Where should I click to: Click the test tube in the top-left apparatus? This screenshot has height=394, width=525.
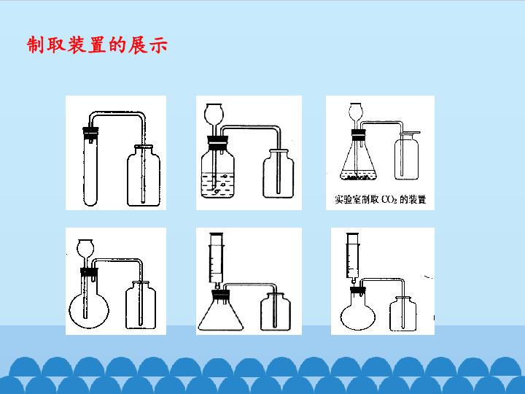pyautogui.click(x=90, y=168)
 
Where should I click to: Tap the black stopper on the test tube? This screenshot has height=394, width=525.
pyautogui.click(x=90, y=133)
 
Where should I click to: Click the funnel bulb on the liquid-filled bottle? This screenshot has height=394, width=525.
pyautogui.click(x=214, y=113)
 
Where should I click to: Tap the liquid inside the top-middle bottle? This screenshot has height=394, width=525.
pyautogui.click(x=217, y=185)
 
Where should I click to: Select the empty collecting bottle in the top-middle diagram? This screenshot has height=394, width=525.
pyautogui.click(x=279, y=174)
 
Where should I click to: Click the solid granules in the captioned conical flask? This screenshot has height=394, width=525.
pyautogui.click(x=358, y=177)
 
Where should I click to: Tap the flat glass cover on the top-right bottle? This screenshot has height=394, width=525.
pyautogui.click(x=410, y=133)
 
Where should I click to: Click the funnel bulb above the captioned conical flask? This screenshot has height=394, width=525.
pyautogui.click(x=356, y=112)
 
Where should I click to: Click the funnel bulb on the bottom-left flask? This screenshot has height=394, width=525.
pyautogui.click(x=85, y=247)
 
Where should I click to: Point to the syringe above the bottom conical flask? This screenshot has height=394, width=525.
pyautogui.click(x=217, y=259)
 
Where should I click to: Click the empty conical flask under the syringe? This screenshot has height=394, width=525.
pyautogui.click(x=221, y=312)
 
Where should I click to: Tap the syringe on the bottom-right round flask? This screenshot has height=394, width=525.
pyautogui.click(x=353, y=258)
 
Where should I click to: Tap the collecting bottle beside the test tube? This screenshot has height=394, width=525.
pyautogui.click(x=144, y=176)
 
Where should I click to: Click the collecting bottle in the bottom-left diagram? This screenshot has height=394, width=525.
pyautogui.click(x=140, y=306)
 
